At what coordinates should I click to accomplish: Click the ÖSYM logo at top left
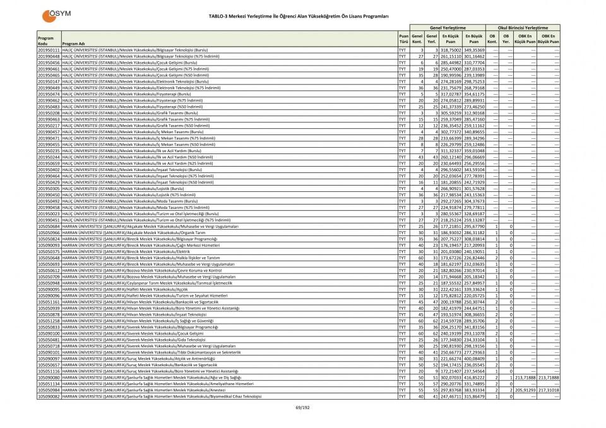[56, 14]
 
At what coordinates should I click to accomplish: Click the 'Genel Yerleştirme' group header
[448, 28]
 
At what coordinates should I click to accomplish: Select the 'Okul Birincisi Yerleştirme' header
[523, 28]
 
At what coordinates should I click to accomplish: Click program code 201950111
[49, 49]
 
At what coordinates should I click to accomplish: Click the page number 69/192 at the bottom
[303, 408]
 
